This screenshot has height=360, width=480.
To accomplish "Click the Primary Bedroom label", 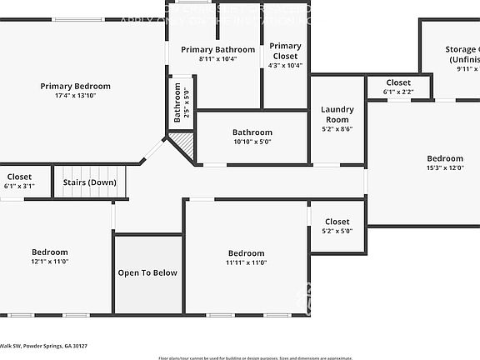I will pos(76,86).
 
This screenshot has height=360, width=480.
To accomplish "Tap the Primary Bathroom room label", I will pos(217,50).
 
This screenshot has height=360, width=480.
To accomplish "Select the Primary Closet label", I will pos(285,51).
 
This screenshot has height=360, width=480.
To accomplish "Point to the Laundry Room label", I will pos(337,114).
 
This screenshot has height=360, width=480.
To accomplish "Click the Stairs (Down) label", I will pos(90,182).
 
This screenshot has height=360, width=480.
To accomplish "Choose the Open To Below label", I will pos(147,272).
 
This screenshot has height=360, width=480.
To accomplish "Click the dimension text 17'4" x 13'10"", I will pos(76,97).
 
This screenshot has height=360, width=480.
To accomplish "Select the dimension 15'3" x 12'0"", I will pos(445,168).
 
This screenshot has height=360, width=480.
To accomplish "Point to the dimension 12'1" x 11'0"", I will pos(50,262).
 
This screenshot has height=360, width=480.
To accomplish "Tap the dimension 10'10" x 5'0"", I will pos(252,142).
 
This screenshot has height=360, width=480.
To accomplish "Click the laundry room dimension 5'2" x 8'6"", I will pos(337,128).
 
